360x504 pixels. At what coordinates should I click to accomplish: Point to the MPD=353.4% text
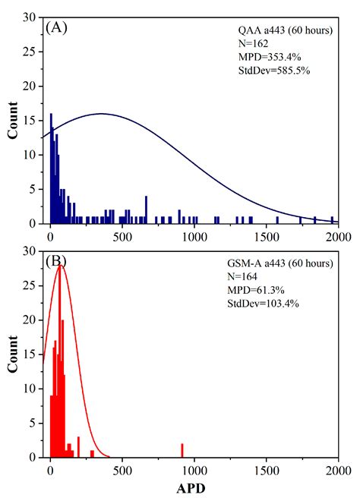point(268,57)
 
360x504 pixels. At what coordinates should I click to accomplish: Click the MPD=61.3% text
point(265,291)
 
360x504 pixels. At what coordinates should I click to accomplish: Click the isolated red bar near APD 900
point(182,450)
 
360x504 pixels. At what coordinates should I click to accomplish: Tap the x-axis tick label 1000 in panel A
point(194,236)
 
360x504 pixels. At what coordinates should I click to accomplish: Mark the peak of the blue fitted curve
point(101,114)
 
